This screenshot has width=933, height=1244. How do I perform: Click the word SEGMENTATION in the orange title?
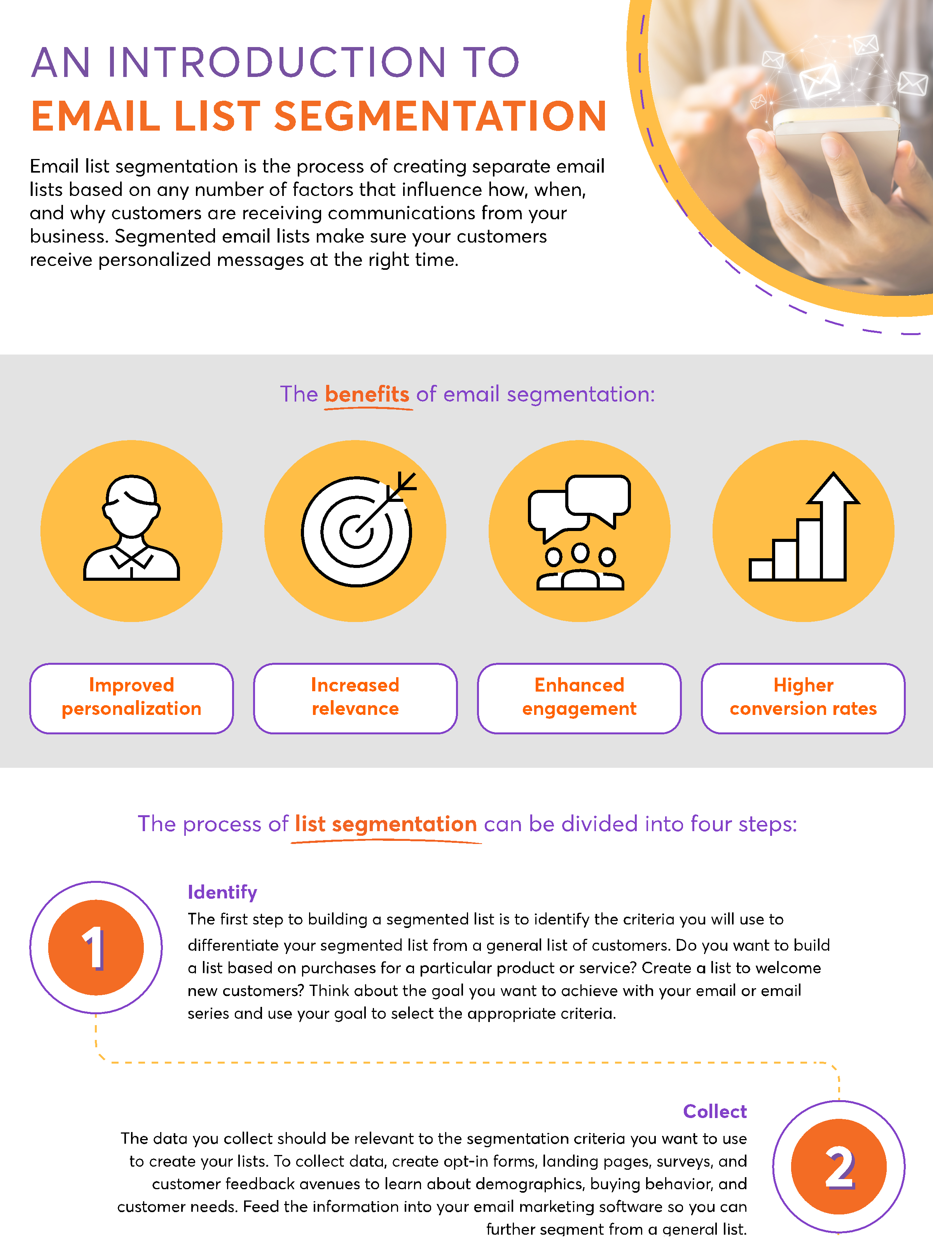pyautogui.click(x=440, y=116)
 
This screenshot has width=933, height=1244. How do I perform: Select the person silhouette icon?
pyautogui.click(x=131, y=529)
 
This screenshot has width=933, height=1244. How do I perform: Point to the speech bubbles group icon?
pyautogui.click(x=579, y=531)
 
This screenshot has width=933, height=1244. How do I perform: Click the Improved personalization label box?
pyautogui.click(x=131, y=698)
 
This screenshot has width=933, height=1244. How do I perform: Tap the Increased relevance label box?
pyautogui.click(x=355, y=698)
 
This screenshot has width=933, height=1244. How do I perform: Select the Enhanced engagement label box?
pyautogui.click(x=579, y=698)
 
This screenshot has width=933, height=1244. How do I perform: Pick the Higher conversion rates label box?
pyautogui.click(x=803, y=698)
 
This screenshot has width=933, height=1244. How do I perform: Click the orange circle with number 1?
pyautogui.click(x=96, y=948)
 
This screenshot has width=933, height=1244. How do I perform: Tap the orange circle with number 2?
pyautogui.click(x=839, y=1167)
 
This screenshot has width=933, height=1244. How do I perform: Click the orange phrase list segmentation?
pyautogui.click(x=386, y=824)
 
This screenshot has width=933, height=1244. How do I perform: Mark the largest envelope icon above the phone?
pyautogui.click(x=819, y=80)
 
